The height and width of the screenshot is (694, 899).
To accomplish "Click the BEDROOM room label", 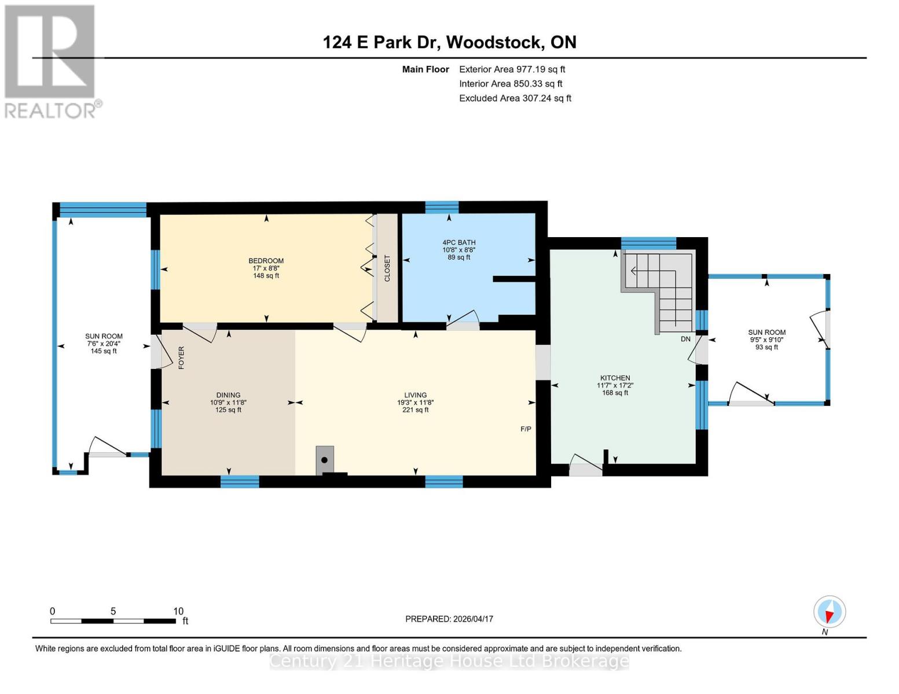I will click(266, 261).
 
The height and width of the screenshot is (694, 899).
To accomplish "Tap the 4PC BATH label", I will click(458, 243).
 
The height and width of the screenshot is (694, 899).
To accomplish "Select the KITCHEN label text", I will click(615, 378).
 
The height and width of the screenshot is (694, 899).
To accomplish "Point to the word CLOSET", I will click(387, 268).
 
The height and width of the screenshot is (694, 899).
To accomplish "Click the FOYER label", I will click(181, 358).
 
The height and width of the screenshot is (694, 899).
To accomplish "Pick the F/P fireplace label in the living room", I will click(526, 429).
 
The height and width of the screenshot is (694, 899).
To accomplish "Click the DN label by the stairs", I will click(685, 339).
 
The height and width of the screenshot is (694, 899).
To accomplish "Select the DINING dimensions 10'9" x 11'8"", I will click(228, 403).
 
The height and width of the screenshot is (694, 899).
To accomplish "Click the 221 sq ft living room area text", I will click(415, 410).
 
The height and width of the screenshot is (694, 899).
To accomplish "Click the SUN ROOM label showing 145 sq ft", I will click(104, 344).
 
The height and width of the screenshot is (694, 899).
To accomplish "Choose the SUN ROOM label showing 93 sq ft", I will click(766, 339).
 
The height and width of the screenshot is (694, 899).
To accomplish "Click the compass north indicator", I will click(830, 612).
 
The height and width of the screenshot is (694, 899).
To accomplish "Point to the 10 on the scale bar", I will click(178, 611).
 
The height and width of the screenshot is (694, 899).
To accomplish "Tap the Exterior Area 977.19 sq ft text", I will click(512, 69).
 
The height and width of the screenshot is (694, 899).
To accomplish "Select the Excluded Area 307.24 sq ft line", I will click(515, 98).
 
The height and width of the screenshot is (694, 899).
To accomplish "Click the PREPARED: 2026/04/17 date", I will click(449, 619).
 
